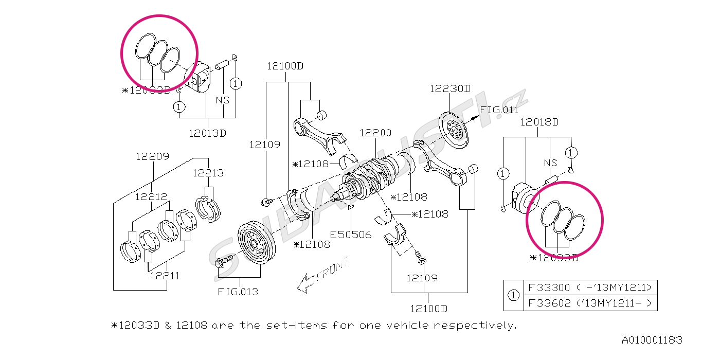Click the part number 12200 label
click(375, 133)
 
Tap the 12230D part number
click(450, 88)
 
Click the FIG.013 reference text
click(238, 292)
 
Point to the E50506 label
click(351, 235)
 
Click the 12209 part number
click(152, 156)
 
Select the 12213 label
click(208, 173)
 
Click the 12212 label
click(151, 196)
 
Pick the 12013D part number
click(207, 133)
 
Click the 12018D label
click(539, 122)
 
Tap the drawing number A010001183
click(652, 340)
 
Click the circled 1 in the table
click(513, 296)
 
